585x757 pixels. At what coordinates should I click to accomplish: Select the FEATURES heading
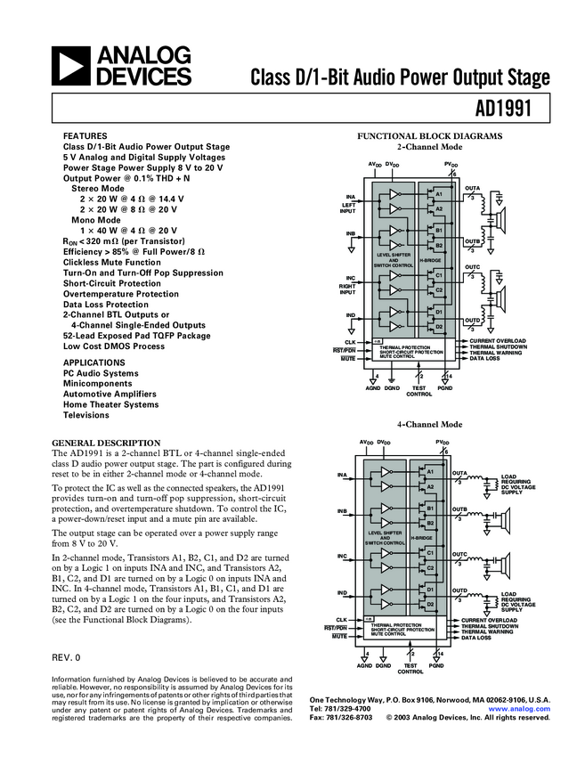click(85, 136)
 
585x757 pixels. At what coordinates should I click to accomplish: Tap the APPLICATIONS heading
click(94, 362)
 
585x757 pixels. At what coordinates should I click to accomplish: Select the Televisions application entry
click(85, 415)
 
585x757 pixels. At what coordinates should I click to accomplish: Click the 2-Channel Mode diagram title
click(430, 146)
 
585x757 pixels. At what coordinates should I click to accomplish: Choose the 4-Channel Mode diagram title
click(430, 425)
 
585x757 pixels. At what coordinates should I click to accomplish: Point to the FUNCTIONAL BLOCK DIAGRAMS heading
click(430, 136)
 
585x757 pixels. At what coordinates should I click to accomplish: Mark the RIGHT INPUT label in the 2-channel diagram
click(348, 288)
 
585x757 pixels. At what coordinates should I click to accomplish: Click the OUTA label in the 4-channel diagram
click(460, 473)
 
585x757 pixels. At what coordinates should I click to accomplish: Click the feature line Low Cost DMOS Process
click(114, 346)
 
